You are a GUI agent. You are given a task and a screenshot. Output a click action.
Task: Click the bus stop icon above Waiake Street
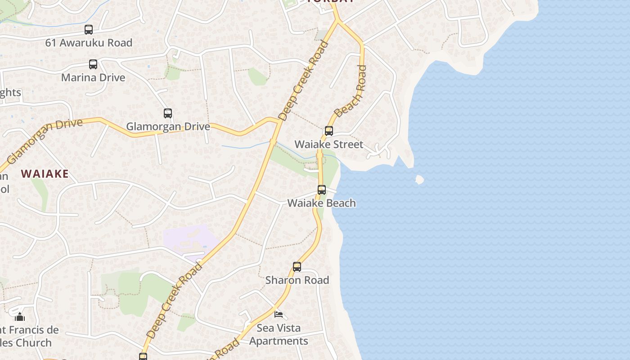pyautogui.click(x=329, y=131)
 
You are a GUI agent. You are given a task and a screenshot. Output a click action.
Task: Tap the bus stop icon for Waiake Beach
pyautogui.click(x=322, y=190)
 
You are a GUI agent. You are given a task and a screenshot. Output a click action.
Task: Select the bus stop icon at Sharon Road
pyautogui.click(x=297, y=267)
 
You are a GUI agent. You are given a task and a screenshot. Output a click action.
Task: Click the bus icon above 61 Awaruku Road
pyautogui.click(x=89, y=30)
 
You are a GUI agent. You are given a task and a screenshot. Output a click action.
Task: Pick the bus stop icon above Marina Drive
pyautogui.click(x=93, y=64)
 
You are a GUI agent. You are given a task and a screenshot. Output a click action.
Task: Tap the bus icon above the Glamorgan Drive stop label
pyautogui.click(x=168, y=113)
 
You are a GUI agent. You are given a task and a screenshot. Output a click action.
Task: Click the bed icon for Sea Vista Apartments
pyautogui.click(x=279, y=314)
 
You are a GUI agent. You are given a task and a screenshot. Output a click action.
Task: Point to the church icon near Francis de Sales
pyautogui.click(x=20, y=317)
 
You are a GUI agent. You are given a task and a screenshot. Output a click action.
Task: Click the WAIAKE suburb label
pyautogui.click(x=45, y=174)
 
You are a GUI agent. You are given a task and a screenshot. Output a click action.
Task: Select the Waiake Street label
pyautogui.click(x=328, y=144)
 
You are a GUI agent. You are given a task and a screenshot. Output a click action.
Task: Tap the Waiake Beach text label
pyautogui.click(x=321, y=203)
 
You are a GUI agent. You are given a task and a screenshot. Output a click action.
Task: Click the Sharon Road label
pyautogui.click(x=297, y=280)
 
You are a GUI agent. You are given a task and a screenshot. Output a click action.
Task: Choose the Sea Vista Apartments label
pyautogui.click(x=279, y=334)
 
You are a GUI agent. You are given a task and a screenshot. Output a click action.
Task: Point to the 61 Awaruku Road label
pyautogui.click(x=89, y=43)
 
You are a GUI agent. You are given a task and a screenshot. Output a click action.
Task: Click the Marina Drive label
pyautogui.click(x=93, y=77)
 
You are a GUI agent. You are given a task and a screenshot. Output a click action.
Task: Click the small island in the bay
pyautogui.click(x=419, y=180)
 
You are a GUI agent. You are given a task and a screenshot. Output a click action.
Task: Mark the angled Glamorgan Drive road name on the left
pyautogui.click(x=45, y=140)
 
